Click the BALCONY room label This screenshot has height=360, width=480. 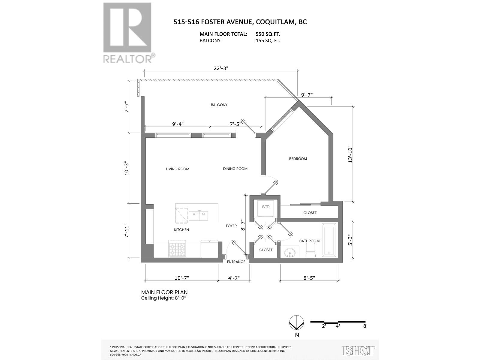(219, 105)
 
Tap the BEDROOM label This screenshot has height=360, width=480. (298, 159)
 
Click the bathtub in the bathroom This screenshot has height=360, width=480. (329, 240)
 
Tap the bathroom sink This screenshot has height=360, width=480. (290, 252)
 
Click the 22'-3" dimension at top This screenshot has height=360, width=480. (221, 68)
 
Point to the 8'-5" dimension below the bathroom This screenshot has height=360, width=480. (309, 278)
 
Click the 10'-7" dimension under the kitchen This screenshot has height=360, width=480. (181, 278)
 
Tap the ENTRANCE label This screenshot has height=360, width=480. (236, 262)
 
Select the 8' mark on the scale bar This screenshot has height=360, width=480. (365, 326)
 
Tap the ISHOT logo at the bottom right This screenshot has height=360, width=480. (359, 350)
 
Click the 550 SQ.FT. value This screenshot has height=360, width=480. (268, 34)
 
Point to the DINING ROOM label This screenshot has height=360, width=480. (235, 169)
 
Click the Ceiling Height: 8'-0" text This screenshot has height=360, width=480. (165, 298)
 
